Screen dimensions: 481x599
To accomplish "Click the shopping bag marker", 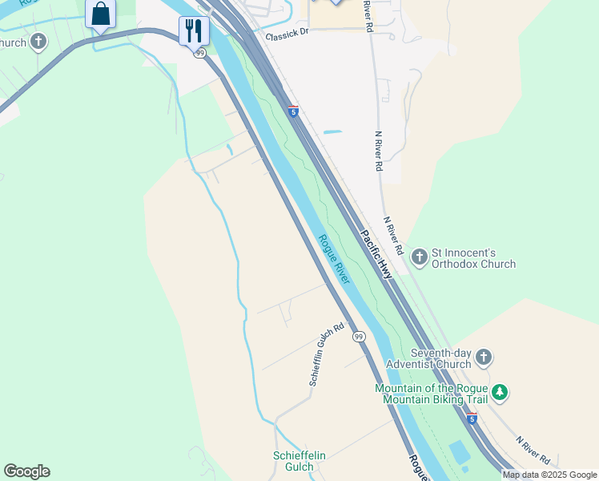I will click(100, 14).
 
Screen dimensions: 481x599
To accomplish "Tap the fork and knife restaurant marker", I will click(194, 31).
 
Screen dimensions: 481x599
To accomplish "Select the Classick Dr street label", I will click(287, 33).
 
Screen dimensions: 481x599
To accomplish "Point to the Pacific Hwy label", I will click(376, 254).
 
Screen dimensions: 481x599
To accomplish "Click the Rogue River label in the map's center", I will click(333, 258).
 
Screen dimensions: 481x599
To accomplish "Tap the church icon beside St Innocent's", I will click(419, 257).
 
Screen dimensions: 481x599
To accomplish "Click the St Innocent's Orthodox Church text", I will click(473, 258).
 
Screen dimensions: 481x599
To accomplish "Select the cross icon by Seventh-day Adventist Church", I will click(483, 358).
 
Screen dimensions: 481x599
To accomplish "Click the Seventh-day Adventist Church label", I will click(440, 358).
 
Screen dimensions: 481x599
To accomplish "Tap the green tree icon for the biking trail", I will click(500, 392).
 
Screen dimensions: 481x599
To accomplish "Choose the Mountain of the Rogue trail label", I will click(431, 394).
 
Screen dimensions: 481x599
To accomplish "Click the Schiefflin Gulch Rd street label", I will click(327, 355).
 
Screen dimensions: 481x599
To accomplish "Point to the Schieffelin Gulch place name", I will click(299, 461).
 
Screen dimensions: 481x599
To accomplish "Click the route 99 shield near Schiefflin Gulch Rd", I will click(358, 336).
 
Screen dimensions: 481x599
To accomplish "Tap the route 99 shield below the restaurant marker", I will click(199, 53).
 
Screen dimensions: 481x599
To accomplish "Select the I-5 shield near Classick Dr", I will click(293, 111).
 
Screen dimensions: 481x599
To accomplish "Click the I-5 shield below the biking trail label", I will click(472, 418).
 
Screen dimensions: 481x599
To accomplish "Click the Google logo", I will click(26, 471).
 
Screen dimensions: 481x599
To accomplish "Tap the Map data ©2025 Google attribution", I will click(549, 475).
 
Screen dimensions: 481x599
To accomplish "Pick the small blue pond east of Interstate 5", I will click(332, 131).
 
